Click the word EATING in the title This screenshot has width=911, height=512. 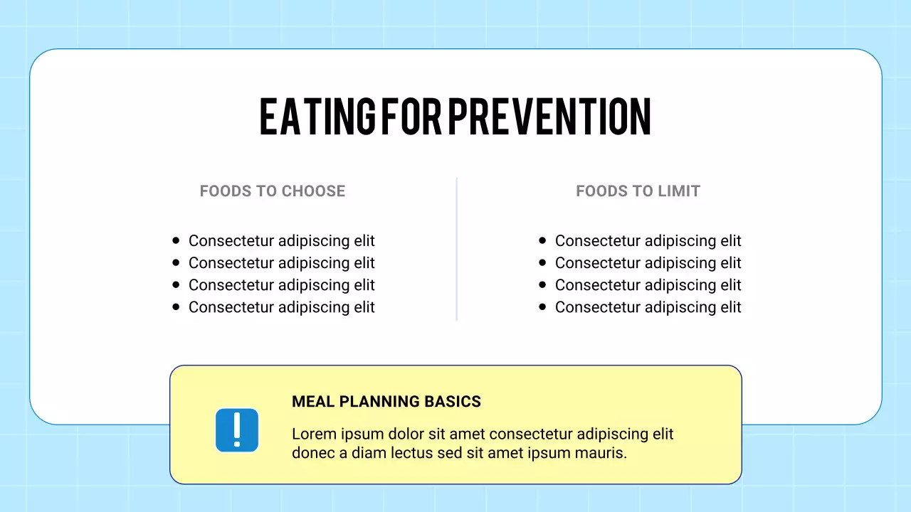(317, 117)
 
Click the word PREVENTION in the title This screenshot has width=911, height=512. (549, 117)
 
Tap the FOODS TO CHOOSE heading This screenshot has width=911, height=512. (273, 191)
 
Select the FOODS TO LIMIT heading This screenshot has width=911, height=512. (638, 191)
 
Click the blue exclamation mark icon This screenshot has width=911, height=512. (237, 430)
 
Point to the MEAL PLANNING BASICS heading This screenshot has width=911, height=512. (386, 402)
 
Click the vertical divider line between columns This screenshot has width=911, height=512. (456, 249)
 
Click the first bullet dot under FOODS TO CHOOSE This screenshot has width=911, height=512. (176, 241)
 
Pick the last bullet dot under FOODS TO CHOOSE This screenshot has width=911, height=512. (176, 307)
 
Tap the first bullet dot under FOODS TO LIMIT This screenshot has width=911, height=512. (542, 241)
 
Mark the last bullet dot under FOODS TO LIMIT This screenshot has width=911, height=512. (542, 307)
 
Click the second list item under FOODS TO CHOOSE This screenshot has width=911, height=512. (281, 263)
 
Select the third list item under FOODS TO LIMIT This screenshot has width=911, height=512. (648, 285)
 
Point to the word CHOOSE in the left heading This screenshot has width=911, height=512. (313, 191)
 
